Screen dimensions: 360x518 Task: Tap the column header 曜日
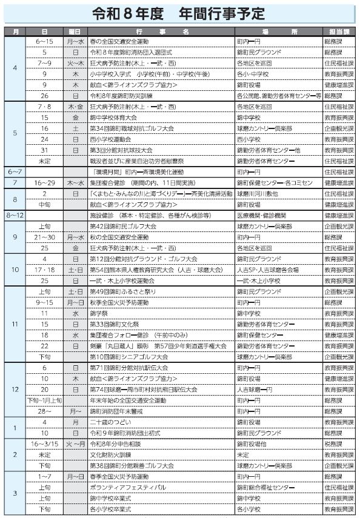[x=75, y=31]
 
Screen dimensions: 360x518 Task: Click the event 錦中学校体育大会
[x=113, y=118]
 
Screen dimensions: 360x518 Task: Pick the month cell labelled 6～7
[x=15, y=172]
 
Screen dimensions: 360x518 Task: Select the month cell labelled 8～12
[x=15, y=215]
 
